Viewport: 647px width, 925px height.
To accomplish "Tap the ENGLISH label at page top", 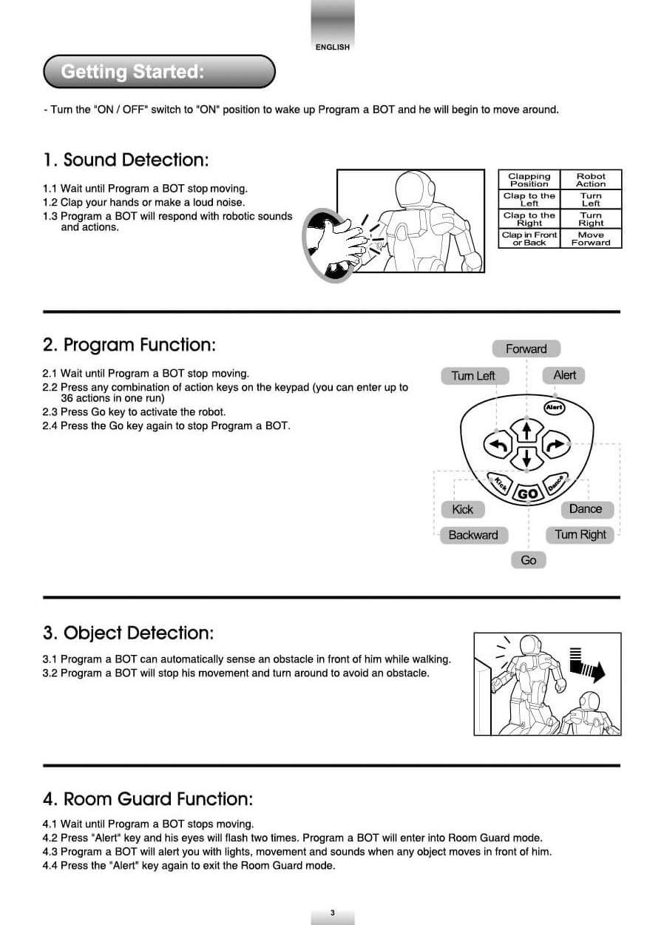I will (332, 47).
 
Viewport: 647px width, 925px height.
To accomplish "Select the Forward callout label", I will (526, 349).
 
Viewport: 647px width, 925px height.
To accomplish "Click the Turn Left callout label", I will (472, 376).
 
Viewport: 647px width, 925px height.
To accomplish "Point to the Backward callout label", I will (473, 535).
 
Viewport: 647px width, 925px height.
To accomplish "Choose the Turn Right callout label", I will (580, 534).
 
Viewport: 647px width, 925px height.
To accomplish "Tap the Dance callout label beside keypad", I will (586, 509).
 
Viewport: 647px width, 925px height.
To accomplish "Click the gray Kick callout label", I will (462, 509).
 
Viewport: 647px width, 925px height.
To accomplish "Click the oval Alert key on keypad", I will (554, 407).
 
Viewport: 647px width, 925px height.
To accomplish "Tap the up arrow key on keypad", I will (526, 430).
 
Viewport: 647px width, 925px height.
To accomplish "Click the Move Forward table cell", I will (591, 238).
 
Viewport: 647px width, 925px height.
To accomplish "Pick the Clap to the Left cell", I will (529, 199).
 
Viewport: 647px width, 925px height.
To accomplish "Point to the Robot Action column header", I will (591, 180).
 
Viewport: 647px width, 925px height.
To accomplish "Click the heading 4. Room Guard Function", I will (148, 799).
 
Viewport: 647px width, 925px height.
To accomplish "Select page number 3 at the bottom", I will (333, 912).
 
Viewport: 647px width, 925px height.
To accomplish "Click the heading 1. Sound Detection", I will (126, 160).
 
